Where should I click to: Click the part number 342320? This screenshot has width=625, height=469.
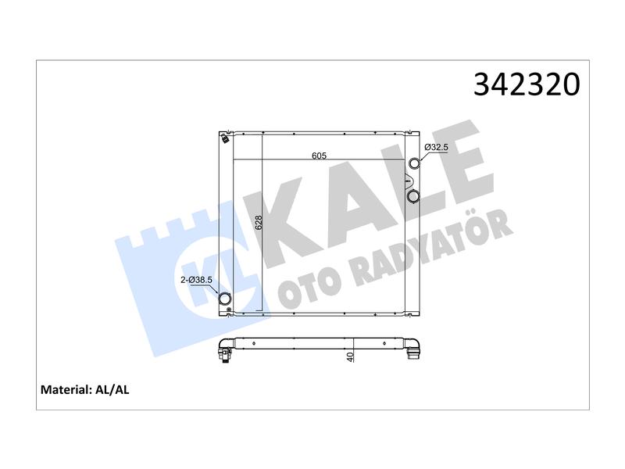(527, 84)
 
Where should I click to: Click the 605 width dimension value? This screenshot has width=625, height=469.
(319, 156)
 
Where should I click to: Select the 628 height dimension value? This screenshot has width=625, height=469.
(259, 223)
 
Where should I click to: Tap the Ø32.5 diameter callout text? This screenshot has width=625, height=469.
(436, 147)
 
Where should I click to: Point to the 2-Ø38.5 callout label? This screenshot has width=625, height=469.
(197, 280)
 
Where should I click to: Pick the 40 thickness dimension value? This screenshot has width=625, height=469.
(350, 357)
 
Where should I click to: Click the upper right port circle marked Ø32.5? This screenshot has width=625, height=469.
(415, 163)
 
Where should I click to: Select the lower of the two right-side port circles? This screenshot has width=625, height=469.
(414, 196)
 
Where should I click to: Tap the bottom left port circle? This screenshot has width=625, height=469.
(225, 299)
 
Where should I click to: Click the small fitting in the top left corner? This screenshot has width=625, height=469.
(225, 138)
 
